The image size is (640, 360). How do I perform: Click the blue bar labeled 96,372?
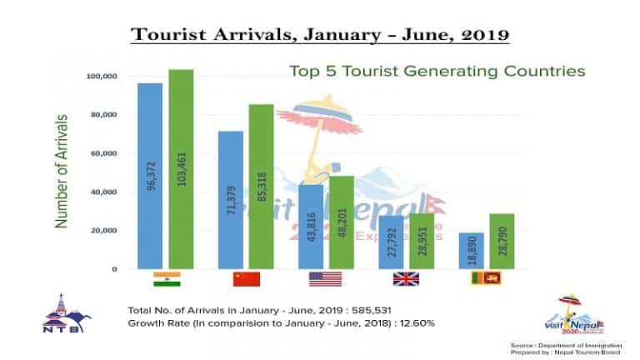click(x=150, y=176)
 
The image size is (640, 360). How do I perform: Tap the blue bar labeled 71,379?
click(x=231, y=200)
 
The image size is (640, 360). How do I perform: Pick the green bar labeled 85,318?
click(x=262, y=187)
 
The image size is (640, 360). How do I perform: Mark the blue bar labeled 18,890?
click(x=472, y=251)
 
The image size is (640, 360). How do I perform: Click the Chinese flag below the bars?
click(x=247, y=279)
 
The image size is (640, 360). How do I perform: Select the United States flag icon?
click(x=326, y=279)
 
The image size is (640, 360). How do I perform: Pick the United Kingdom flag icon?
click(x=407, y=279)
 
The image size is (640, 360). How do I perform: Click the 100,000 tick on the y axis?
click(x=101, y=77)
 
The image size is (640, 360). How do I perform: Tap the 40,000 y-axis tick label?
click(x=103, y=192)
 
